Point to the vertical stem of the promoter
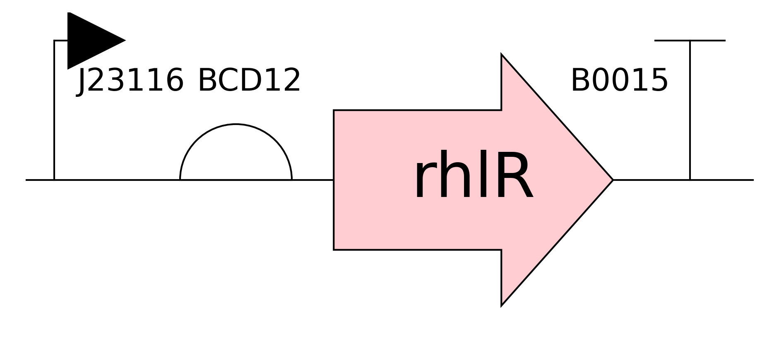[54, 110]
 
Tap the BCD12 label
[249, 80]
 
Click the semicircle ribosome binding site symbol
[236, 124]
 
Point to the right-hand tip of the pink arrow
[613, 180]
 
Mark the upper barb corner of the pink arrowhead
[502, 54]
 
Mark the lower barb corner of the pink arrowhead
[502, 306]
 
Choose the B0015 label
[619, 80]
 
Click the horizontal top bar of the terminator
[690, 41]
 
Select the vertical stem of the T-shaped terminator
[690, 110]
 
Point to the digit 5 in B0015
[659, 80]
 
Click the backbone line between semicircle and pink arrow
[313, 180]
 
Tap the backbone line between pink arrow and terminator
[651, 180]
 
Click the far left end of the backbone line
[26, 180]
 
